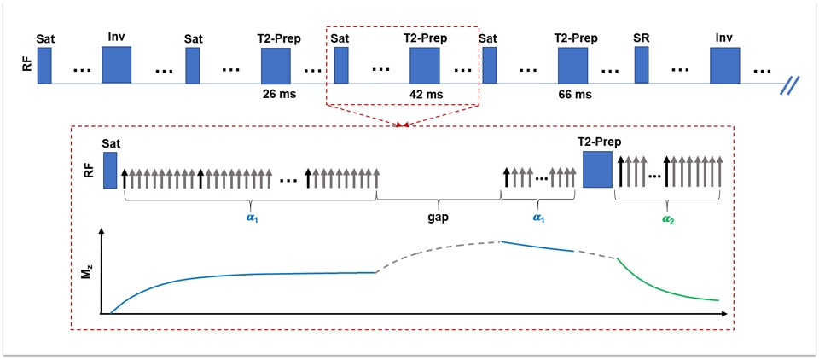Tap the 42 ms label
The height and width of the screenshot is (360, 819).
(x=424, y=93)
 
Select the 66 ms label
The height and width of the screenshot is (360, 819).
(x=573, y=93)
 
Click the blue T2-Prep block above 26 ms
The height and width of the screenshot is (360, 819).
(x=276, y=66)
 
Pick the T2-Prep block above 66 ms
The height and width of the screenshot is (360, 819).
(x=573, y=66)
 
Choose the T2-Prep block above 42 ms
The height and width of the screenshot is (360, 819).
(x=424, y=66)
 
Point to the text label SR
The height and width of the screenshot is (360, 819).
(x=642, y=38)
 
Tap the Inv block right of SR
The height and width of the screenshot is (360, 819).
(x=725, y=66)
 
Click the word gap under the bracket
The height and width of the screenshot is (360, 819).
(x=439, y=217)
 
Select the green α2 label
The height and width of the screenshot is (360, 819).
(x=668, y=218)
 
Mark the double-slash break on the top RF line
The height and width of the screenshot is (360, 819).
(x=793, y=84)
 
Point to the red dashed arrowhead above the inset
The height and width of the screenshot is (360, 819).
(x=402, y=125)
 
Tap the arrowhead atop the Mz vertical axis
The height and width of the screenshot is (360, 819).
(x=102, y=234)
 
